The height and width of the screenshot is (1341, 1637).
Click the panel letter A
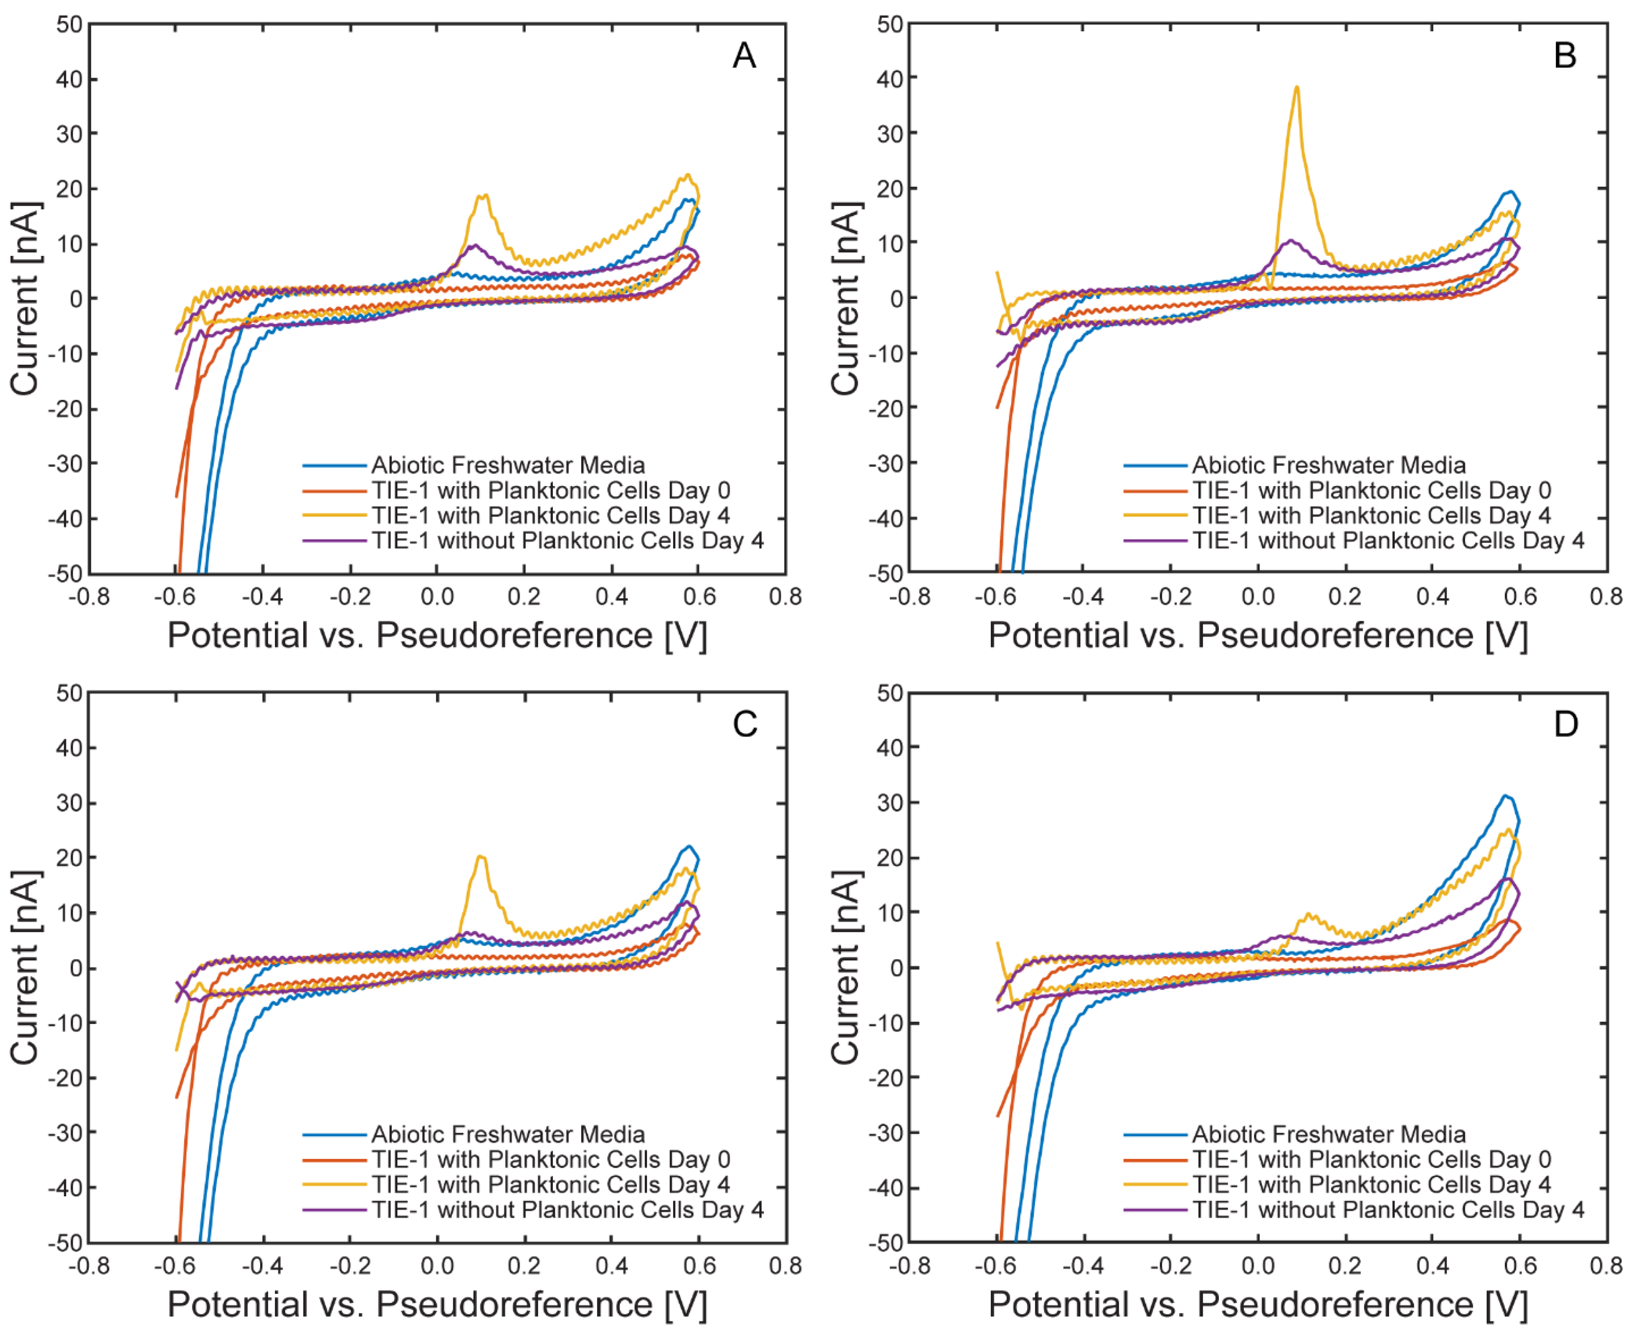pyautogui.click(x=743, y=56)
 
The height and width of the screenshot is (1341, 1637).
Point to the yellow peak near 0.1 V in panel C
pyautogui.click(x=481, y=857)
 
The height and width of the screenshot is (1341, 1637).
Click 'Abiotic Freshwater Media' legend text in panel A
pyautogui.click(x=508, y=465)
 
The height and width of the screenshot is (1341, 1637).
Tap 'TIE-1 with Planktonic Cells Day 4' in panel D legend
pyautogui.click(x=1371, y=1184)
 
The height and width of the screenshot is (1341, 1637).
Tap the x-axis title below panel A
pyautogui.click(x=437, y=636)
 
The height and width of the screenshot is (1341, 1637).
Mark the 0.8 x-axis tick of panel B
pyautogui.click(x=1606, y=596)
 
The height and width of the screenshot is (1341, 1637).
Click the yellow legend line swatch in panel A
pyautogui.click(x=334, y=515)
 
